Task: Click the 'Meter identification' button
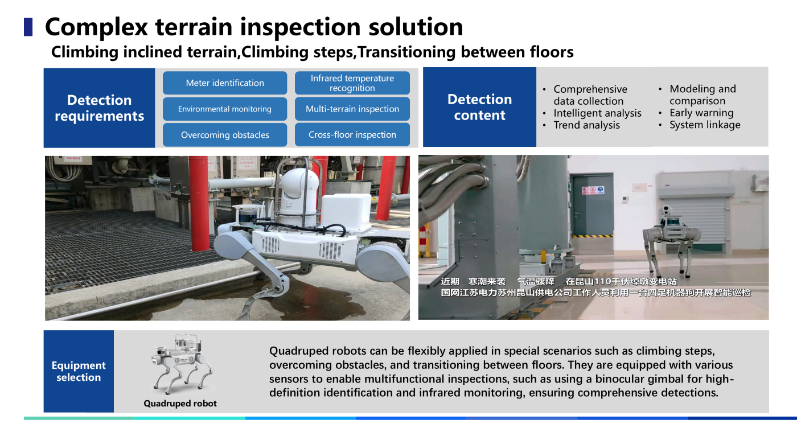coord(225,83)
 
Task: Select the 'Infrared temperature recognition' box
coord(352,83)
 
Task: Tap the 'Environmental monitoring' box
coord(225,109)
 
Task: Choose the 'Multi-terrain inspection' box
coord(352,109)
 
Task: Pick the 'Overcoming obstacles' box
coord(225,135)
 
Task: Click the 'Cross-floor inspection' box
coord(352,135)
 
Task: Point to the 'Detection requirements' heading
coord(99,108)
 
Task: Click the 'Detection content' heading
coord(479,107)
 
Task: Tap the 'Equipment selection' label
coord(79,371)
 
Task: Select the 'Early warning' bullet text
coord(701,113)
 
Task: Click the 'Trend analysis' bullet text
coord(587,125)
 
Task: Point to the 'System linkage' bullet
coord(705,125)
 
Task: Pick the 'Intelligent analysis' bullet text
coord(597,113)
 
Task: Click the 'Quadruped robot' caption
coord(180,404)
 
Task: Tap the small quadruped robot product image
coord(182,364)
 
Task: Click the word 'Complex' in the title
coord(96,27)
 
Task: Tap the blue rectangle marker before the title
coord(28,27)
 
